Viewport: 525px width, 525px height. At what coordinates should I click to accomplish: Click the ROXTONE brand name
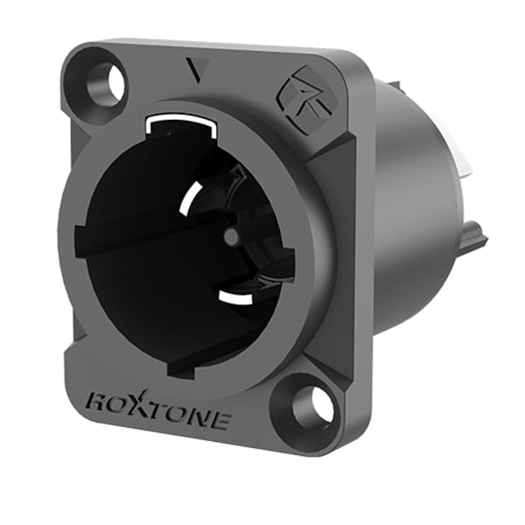157,411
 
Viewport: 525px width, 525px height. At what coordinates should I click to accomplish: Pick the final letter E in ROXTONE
220,421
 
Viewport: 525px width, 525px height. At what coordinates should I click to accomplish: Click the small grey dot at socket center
230,237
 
